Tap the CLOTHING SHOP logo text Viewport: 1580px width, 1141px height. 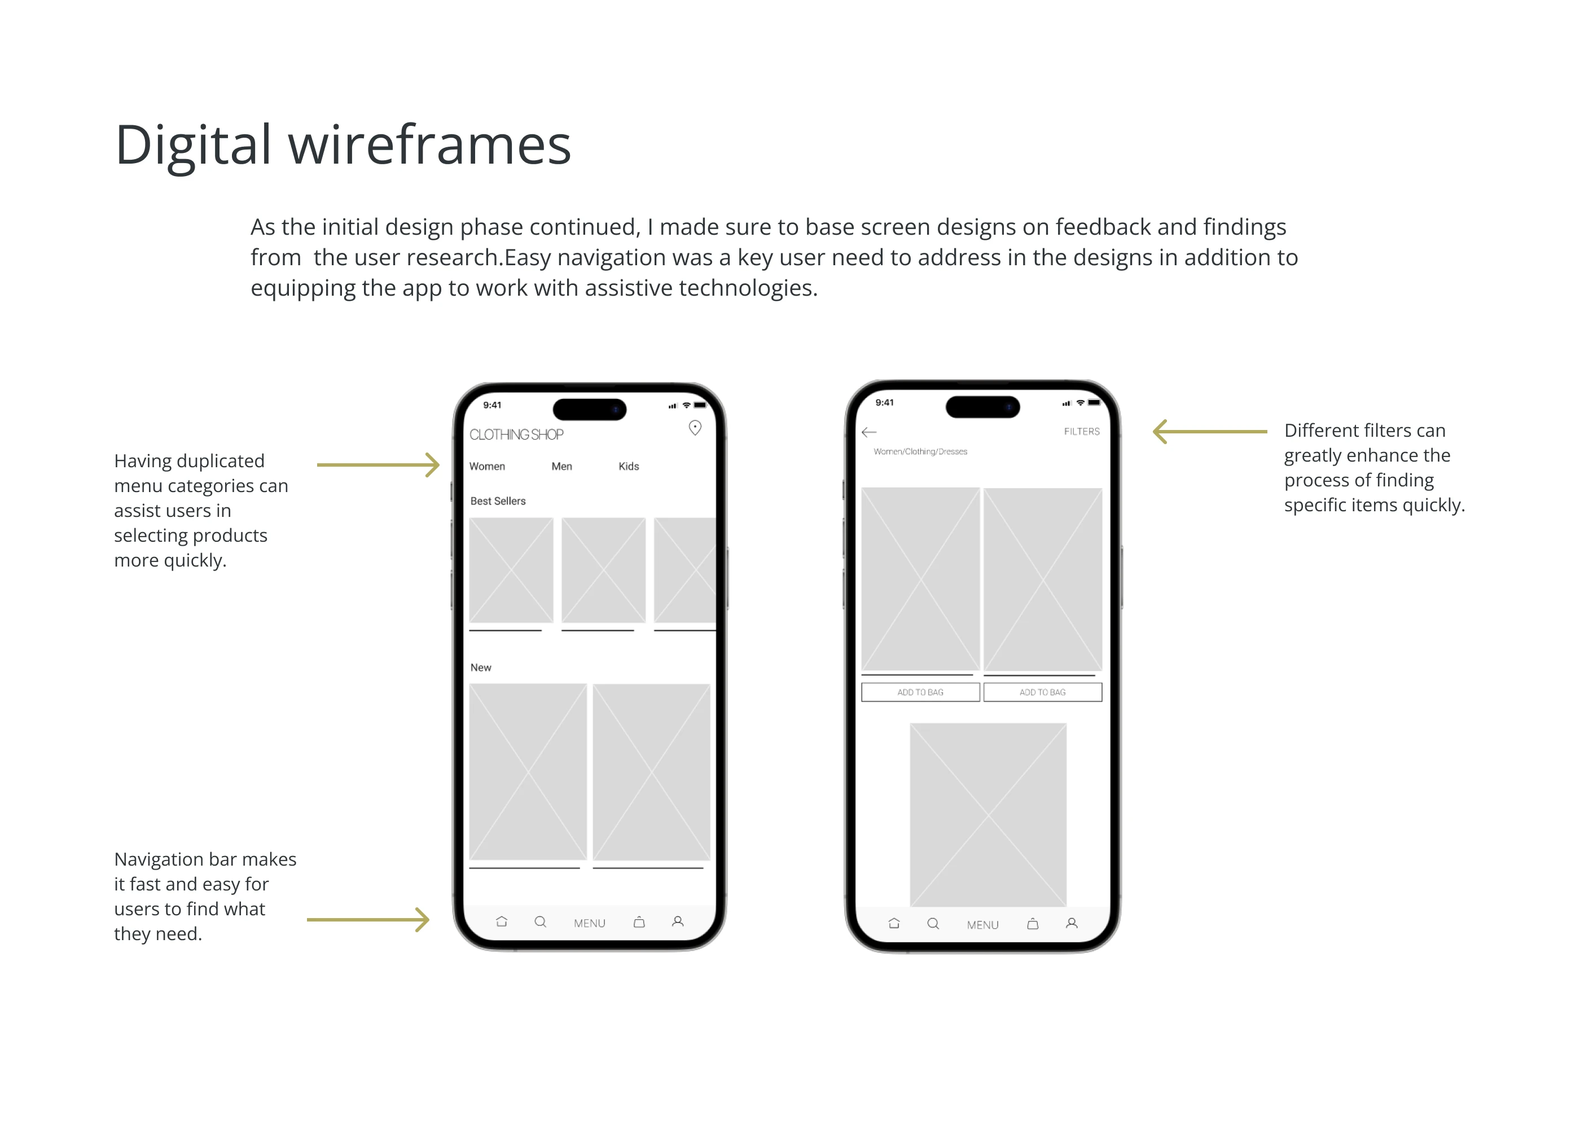[516, 435]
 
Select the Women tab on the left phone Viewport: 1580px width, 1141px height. [487, 466]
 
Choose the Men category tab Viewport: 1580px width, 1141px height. [561, 466]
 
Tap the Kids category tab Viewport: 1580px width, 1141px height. [629, 466]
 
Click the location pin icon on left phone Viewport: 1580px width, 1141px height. [695, 428]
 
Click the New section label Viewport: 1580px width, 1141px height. [481, 668]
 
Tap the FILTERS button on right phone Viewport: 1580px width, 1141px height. [1081, 432]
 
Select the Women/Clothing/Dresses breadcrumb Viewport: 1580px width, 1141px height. [920, 451]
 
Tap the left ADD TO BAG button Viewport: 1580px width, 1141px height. [920, 692]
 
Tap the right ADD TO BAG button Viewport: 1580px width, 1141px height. [1042, 692]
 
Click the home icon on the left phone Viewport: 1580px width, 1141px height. [502, 921]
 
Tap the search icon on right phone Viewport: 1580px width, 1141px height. [933, 924]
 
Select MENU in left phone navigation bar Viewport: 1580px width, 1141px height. [589, 923]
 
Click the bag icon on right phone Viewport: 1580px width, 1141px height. [1033, 924]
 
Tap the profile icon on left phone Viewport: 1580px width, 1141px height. [677, 921]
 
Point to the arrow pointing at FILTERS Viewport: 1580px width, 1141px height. [1209, 432]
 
